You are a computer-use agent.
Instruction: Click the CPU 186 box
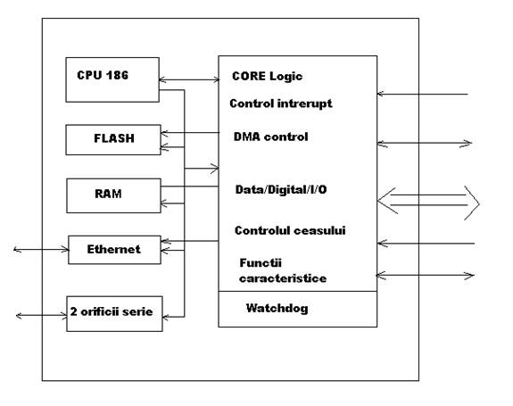[112, 79]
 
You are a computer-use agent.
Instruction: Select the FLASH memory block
[113, 140]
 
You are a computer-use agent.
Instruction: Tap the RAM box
[113, 195]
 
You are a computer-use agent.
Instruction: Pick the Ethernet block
[114, 250]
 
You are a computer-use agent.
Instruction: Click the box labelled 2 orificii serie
[114, 314]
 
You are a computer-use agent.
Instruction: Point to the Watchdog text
[277, 308]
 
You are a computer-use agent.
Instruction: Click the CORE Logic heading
[267, 76]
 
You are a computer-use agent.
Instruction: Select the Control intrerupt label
[281, 104]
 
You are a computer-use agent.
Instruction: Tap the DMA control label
[270, 137]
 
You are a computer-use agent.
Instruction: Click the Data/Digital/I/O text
[281, 189]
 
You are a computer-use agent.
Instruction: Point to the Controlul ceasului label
[290, 230]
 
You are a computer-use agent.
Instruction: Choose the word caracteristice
[283, 278]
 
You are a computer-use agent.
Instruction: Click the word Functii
[261, 262]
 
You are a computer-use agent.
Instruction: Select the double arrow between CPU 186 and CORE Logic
[189, 79]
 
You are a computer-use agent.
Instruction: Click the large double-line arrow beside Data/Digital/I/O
[428, 200]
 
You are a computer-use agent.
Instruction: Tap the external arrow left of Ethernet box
[41, 250]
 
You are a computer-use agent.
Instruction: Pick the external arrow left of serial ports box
[42, 316]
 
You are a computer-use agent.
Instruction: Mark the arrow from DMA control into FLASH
[190, 133]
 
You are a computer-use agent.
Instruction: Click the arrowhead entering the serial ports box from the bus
[165, 317]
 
